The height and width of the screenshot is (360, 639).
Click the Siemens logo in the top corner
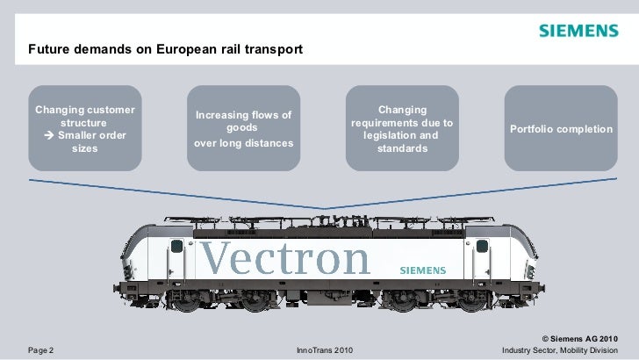(578, 32)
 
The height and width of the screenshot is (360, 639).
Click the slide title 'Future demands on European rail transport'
(165, 49)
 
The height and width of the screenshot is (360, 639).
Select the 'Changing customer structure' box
(85, 128)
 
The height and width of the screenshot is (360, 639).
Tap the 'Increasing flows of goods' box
(243, 128)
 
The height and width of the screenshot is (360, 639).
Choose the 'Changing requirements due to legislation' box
(402, 128)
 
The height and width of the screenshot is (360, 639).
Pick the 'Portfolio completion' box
(561, 128)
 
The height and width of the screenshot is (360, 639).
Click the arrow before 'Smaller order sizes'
(50, 136)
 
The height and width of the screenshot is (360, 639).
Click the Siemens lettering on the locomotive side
(423, 270)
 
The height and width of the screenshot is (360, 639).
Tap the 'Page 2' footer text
(41, 350)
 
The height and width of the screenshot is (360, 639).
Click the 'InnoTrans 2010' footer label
(325, 350)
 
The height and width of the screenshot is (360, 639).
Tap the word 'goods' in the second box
(243, 127)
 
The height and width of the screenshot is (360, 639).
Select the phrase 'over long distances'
(243, 142)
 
